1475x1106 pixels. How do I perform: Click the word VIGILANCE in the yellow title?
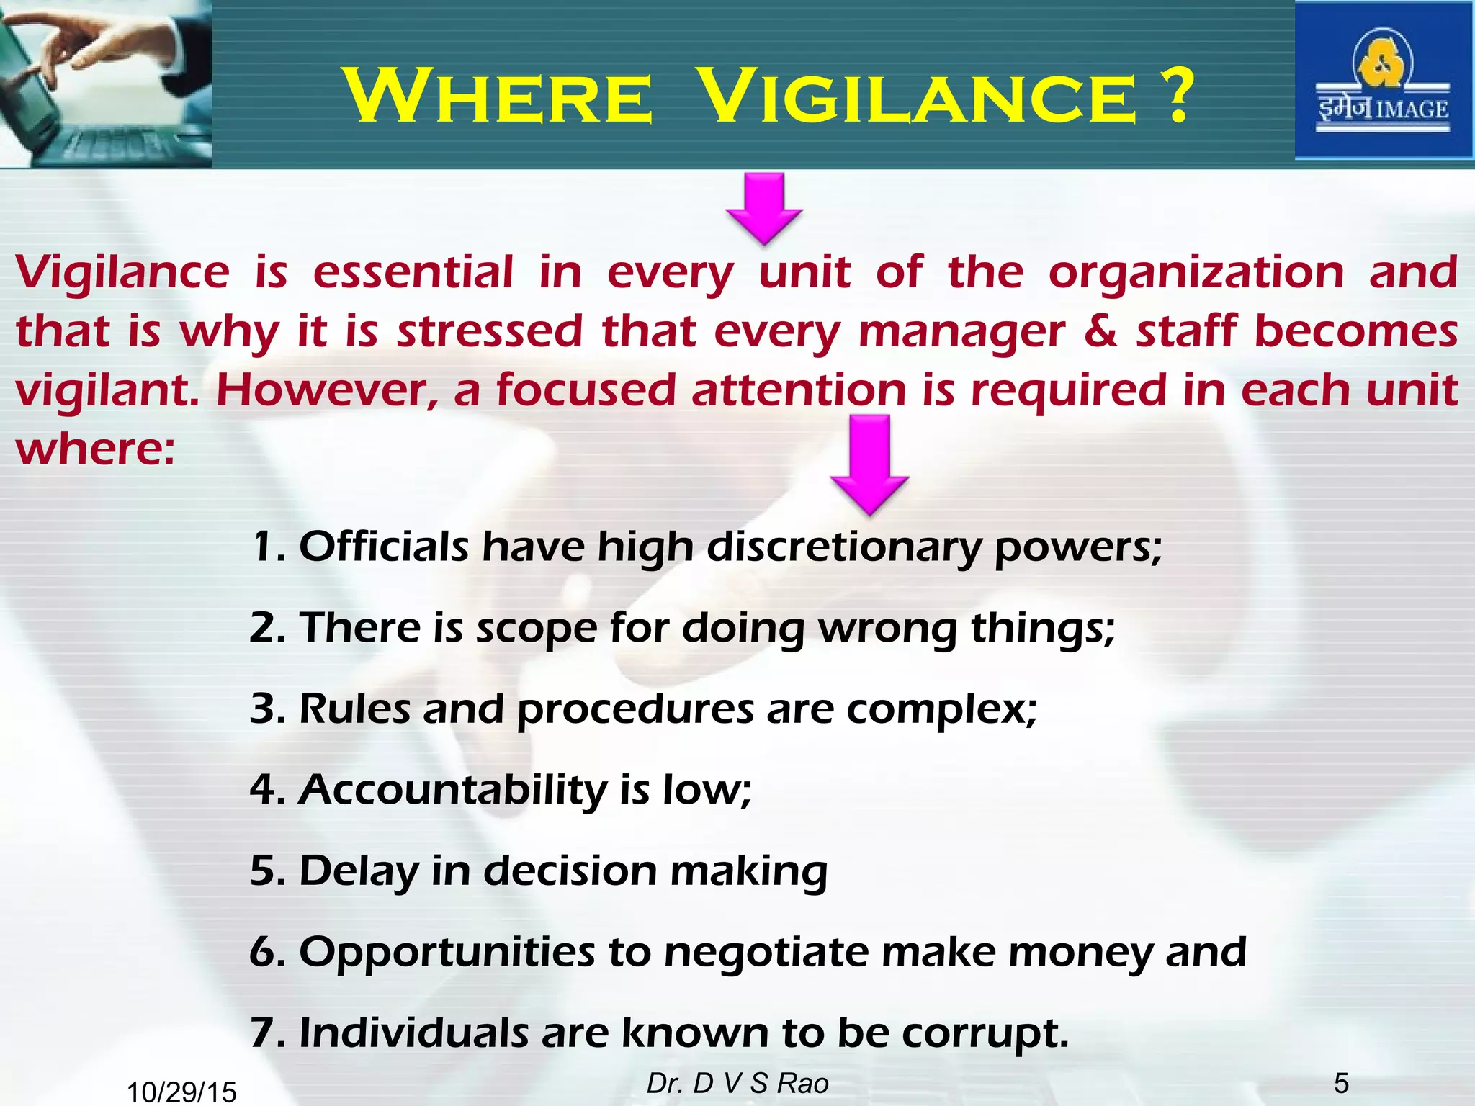pos(918,97)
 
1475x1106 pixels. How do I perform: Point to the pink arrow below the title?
pos(764,207)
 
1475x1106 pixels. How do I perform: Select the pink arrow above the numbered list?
pos(869,464)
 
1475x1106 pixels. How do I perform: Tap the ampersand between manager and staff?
pos(1100,331)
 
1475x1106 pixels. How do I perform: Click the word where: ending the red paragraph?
pos(95,450)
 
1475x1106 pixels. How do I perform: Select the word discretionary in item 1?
pos(843,547)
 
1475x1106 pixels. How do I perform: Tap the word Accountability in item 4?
pos(453,791)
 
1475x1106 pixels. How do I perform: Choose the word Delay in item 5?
pos(358,872)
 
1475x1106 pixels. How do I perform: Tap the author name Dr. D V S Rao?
pos(737,1083)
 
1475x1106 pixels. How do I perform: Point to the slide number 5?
pos(1341,1083)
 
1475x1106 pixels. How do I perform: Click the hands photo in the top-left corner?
pos(105,84)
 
